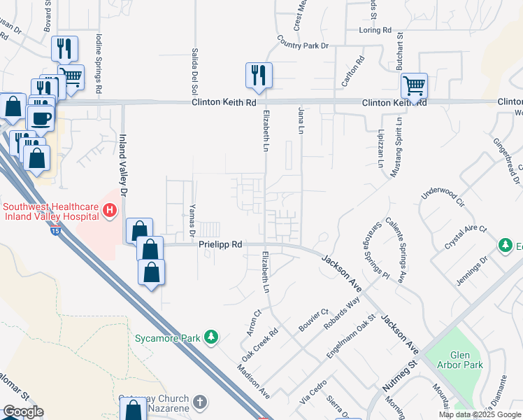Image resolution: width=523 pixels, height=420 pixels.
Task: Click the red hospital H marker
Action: click(x=109, y=209)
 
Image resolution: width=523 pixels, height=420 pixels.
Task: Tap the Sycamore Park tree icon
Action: click(x=210, y=338)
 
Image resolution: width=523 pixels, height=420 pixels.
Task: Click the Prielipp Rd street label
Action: click(x=220, y=245)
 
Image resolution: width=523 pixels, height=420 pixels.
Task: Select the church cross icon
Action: click(x=201, y=402)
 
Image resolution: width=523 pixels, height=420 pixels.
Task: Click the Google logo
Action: click(x=23, y=412)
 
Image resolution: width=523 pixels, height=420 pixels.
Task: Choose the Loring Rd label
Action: click(x=375, y=31)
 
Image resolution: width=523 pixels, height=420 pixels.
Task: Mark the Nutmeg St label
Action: click(x=399, y=376)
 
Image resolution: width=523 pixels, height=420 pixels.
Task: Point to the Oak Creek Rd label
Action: click(x=260, y=339)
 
